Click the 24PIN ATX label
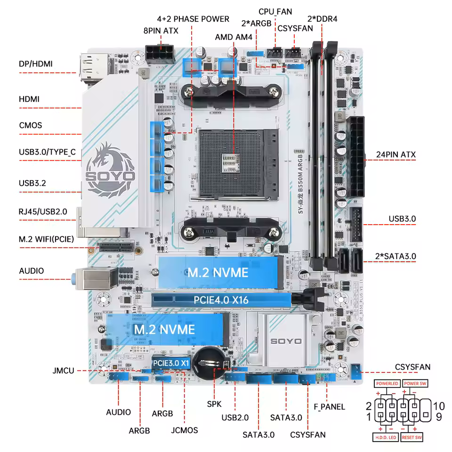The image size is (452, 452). [x=395, y=154]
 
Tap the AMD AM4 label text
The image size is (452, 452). [x=234, y=37]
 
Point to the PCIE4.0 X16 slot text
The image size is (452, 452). [x=221, y=299]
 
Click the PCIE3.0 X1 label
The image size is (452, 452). [x=171, y=363]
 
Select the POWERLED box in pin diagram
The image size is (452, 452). [x=387, y=384]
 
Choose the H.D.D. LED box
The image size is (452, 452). [x=386, y=437]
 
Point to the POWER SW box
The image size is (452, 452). [x=415, y=384]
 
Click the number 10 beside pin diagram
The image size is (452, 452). [x=439, y=406]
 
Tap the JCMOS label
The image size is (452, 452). [x=184, y=430]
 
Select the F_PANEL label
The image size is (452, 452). [x=329, y=407]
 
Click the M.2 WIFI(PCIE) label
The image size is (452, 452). [x=47, y=239]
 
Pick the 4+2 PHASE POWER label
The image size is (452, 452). [x=193, y=19]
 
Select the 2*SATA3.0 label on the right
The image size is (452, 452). [x=395, y=256]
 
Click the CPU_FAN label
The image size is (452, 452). [x=275, y=11]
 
